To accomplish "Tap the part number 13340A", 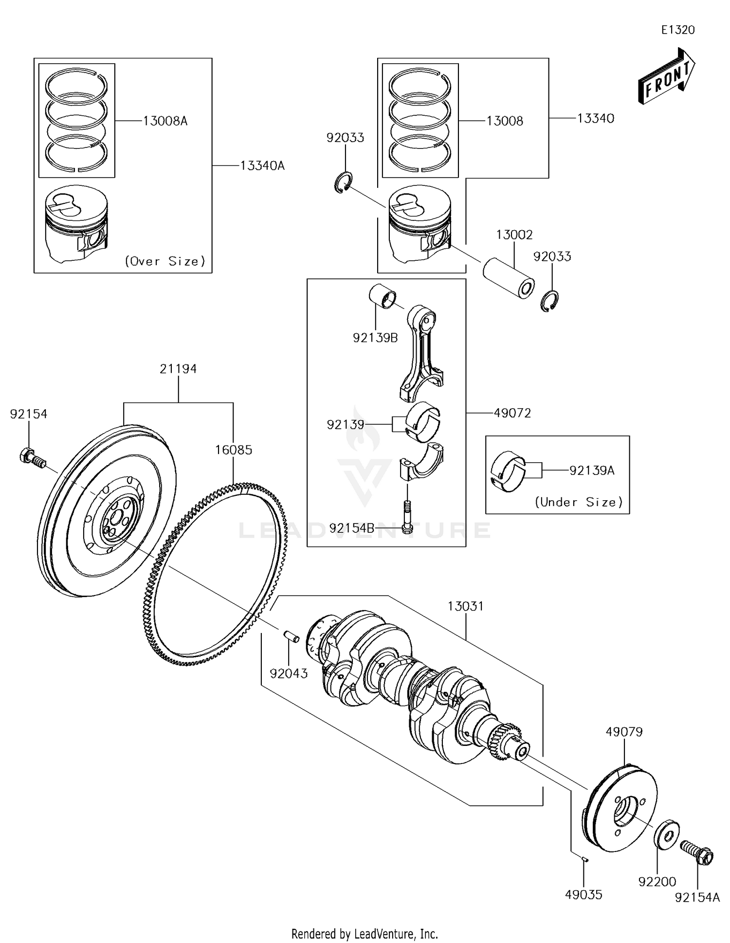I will (262, 166).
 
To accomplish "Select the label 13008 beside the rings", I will (505, 121).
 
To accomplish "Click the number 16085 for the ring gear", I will (234, 450).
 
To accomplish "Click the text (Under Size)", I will (579, 502).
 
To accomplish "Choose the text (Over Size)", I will (165, 261).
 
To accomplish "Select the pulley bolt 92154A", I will (697, 852).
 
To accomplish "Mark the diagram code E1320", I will (677, 30).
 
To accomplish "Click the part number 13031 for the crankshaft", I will (466, 606).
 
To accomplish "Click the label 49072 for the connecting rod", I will (512, 413).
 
